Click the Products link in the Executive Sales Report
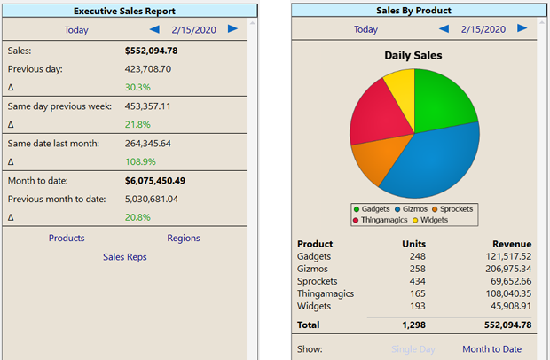coord(67,238)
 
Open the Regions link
coord(184,238)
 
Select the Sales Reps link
coord(125,257)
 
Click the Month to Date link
coord(491,349)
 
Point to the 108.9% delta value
coord(139,162)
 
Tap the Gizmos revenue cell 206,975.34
coord(502,269)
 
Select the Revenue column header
coord(512,244)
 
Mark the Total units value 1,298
coord(412,325)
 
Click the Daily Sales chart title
coord(413,55)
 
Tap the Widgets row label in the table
coord(315,306)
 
